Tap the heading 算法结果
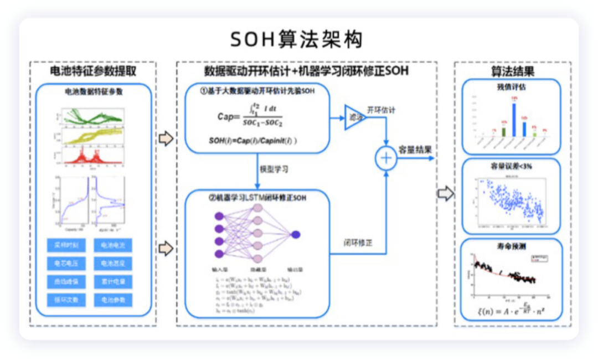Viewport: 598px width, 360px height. point(512,71)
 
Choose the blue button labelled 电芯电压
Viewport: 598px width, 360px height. point(66,263)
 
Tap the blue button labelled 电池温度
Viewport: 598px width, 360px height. point(113,263)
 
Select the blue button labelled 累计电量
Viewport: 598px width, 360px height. point(113,281)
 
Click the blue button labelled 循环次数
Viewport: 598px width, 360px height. point(66,300)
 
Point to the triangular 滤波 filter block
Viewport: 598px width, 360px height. point(353,117)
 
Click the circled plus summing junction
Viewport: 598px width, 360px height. point(385,158)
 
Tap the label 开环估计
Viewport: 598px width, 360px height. point(381,110)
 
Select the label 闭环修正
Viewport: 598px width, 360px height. point(357,242)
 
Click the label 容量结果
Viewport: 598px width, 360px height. point(415,149)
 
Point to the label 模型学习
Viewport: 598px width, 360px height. point(274,168)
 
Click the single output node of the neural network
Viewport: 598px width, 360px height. point(295,234)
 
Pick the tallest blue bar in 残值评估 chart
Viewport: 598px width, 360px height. point(514,120)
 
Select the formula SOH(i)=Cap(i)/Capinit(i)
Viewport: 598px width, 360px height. point(252,141)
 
